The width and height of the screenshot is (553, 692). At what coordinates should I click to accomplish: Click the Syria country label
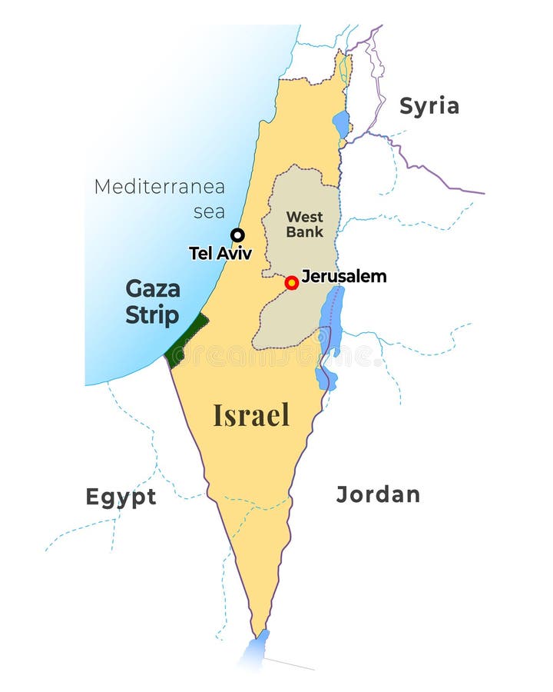[429, 106]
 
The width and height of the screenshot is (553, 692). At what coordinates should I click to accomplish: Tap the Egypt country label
[121, 497]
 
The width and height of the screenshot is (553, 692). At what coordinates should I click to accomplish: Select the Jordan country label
[378, 494]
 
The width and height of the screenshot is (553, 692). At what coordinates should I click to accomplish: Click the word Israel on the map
[251, 415]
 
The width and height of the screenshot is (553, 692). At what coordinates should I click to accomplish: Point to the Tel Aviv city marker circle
[238, 235]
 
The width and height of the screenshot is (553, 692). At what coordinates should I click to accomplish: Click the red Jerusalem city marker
[291, 283]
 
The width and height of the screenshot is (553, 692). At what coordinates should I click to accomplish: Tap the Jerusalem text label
[343, 276]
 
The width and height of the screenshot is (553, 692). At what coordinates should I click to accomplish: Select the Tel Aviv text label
[220, 253]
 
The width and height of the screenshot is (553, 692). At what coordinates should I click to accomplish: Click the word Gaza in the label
[153, 289]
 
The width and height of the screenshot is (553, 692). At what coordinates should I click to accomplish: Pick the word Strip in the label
[152, 315]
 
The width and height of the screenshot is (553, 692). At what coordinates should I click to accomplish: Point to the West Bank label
[304, 224]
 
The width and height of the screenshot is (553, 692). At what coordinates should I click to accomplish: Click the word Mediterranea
[160, 187]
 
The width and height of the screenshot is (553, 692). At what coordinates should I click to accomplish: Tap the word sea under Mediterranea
[209, 211]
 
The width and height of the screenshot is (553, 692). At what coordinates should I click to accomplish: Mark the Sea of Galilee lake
[340, 124]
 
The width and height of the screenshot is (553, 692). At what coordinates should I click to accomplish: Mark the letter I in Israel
[217, 415]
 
